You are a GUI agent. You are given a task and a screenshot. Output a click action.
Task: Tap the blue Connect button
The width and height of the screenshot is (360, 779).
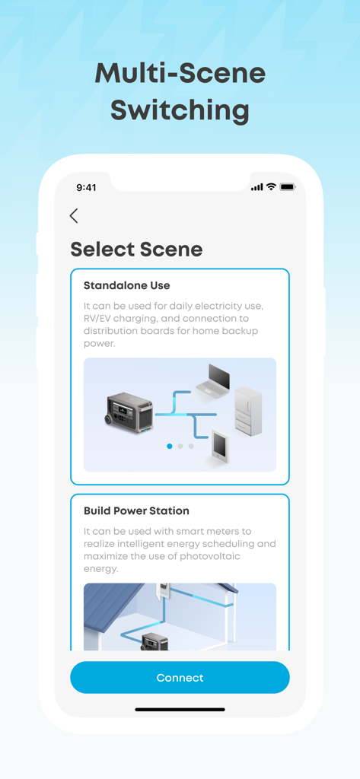point(180,677)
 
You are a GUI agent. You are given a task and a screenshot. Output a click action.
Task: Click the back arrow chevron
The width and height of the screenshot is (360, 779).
point(74,215)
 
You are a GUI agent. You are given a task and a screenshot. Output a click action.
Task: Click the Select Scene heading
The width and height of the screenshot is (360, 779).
point(136,250)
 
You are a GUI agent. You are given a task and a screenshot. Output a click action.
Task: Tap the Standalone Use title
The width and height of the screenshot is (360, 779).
point(126,285)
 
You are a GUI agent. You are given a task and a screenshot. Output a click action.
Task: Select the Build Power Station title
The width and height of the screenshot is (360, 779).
point(136,510)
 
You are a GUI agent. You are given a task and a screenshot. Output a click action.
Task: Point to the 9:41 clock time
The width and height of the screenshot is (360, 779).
point(86,187)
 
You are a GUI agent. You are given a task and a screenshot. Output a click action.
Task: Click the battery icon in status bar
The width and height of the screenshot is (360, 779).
point(287,187)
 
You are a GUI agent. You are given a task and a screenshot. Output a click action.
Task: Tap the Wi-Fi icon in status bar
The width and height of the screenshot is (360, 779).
point(271,187)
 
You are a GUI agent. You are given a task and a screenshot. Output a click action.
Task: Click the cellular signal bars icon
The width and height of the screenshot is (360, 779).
point(256,187)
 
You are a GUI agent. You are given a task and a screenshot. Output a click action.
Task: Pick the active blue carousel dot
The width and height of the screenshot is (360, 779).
point(169,447)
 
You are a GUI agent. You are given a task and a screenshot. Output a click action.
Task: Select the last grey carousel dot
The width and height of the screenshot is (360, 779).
point(191,447)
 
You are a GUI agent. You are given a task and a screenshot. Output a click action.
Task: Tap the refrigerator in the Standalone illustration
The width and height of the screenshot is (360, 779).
point(248,412)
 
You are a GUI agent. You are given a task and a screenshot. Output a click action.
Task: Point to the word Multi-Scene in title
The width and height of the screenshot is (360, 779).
point(180,73)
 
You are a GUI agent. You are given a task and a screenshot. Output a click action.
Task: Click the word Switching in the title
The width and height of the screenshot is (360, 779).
point(180,110)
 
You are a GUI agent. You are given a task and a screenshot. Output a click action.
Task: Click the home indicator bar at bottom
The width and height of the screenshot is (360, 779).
point(180,709)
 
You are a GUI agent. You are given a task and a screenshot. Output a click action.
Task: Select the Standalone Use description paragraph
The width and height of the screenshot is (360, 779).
point(174,324)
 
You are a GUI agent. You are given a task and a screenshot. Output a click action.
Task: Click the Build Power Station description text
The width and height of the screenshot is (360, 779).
point(180,550)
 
